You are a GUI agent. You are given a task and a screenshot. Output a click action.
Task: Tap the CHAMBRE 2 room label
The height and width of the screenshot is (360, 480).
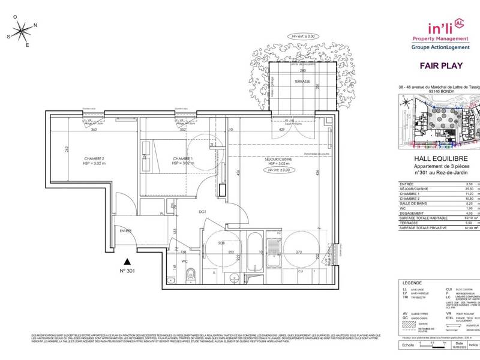(x=94, y=159)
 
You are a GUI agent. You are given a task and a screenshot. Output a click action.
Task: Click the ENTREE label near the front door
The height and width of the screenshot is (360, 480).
(x=125, y=230)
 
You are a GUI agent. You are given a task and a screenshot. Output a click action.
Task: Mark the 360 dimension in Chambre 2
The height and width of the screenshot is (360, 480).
(x=93, y=130)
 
